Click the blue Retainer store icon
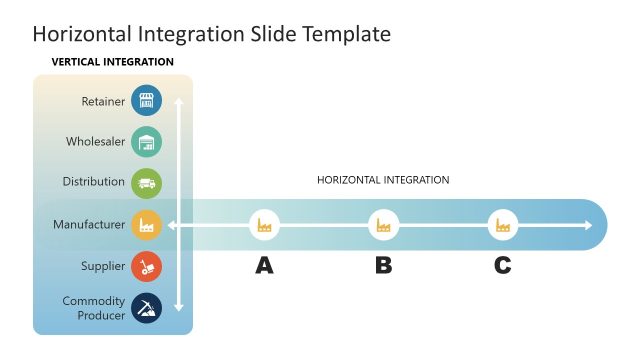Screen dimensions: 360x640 [x=146, y=101]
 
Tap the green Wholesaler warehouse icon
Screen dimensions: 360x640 [x=146, y=142]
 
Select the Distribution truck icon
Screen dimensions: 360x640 [x=146, y=183]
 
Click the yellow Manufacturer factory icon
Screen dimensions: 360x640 [x=146, y=225]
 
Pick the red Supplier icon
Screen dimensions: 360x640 [x=146, y=266]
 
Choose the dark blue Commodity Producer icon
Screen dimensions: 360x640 [x=146, y=308]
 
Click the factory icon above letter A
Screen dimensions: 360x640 [x=264, y=226]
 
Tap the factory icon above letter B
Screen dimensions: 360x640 [x=383, y=226]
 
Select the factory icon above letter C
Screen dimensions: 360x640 [x=503, y=226]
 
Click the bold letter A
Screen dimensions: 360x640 [x=264, y=266]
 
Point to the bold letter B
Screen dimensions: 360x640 [x=383, y=266]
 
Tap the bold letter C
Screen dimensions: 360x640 [x=503, y=266]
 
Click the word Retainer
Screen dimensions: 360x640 [x=104, y=101]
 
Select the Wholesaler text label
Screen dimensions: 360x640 [x=96, y=142]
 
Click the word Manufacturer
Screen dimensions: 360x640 [x=89, y=225]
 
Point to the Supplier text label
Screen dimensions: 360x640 [x=103, y=266]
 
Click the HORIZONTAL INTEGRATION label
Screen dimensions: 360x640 [x=383, y=180]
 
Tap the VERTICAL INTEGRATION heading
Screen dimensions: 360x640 [x=112, y=62]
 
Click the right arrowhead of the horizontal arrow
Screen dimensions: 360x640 [x=588, y=226]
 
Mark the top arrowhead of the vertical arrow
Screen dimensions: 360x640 [x=178, y=101]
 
